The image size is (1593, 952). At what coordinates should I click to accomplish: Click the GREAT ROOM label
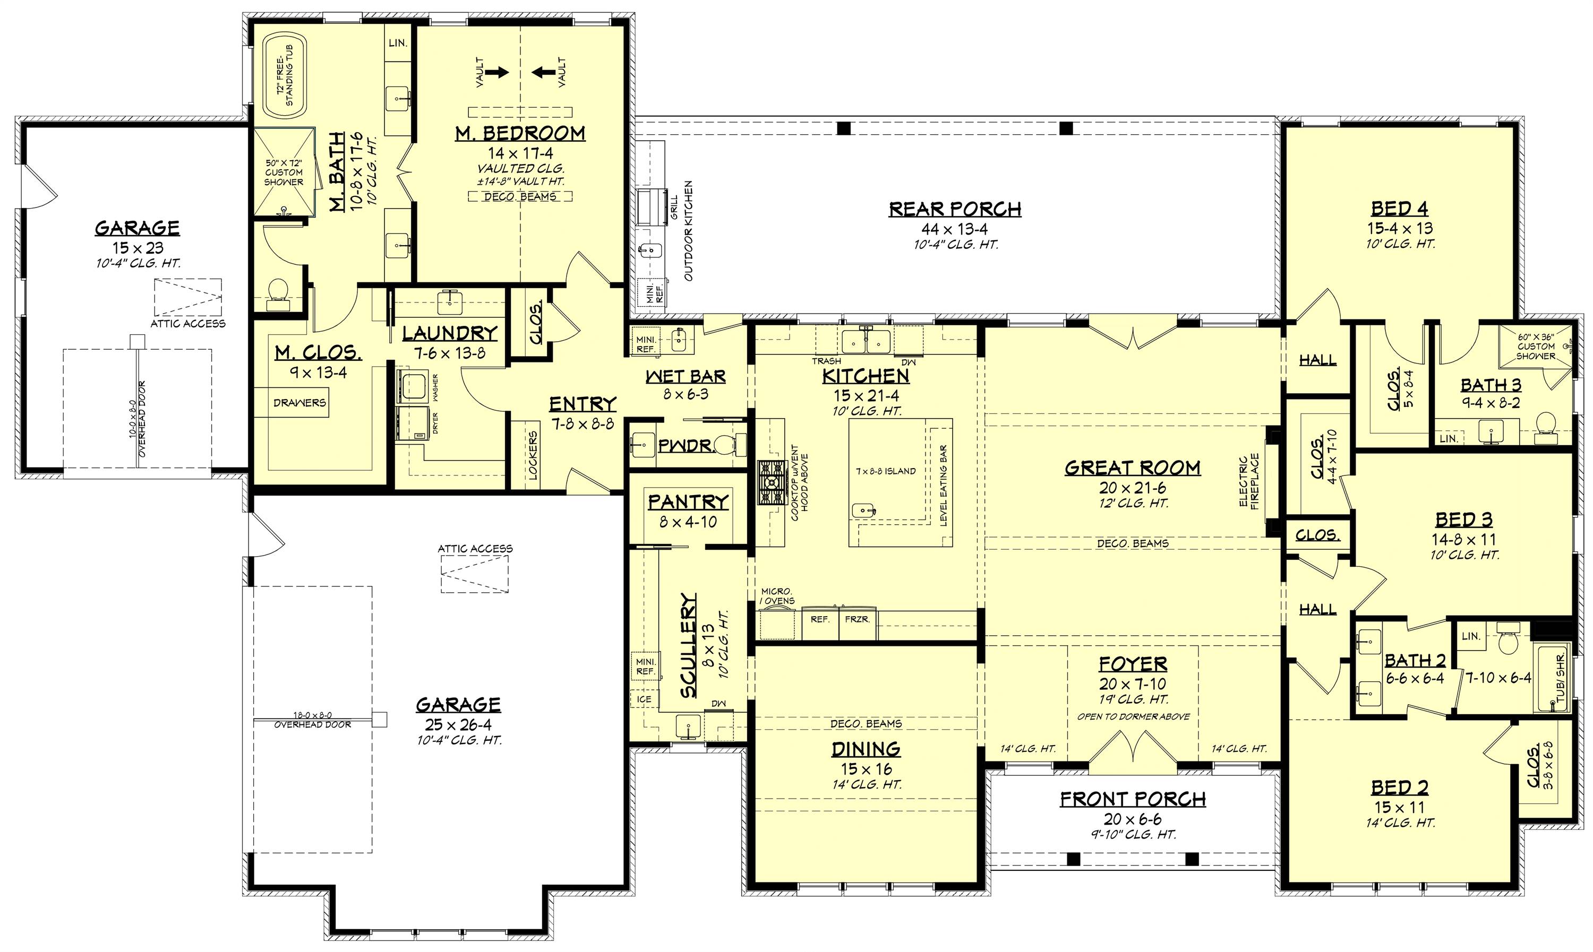pos(1132,468)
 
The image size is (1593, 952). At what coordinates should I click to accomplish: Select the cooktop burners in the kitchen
pos(772,482)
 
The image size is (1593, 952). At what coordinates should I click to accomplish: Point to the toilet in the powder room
pos(726,443)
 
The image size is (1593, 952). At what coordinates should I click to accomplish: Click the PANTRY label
pos(688,501)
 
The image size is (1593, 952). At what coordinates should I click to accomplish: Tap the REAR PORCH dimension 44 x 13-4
pos(954,229)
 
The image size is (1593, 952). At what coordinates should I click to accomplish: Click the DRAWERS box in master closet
pos(299,403)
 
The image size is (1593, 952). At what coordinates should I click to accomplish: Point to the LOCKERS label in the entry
pos(533,455)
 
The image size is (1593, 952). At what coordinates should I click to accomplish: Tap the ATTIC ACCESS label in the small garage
pos(188,324)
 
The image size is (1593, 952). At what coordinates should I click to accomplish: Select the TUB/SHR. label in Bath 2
pos(1560,679)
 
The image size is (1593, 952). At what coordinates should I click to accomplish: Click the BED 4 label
pos(1400,209)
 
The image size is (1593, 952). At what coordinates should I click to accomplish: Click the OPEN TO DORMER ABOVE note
pos(1133,716)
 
